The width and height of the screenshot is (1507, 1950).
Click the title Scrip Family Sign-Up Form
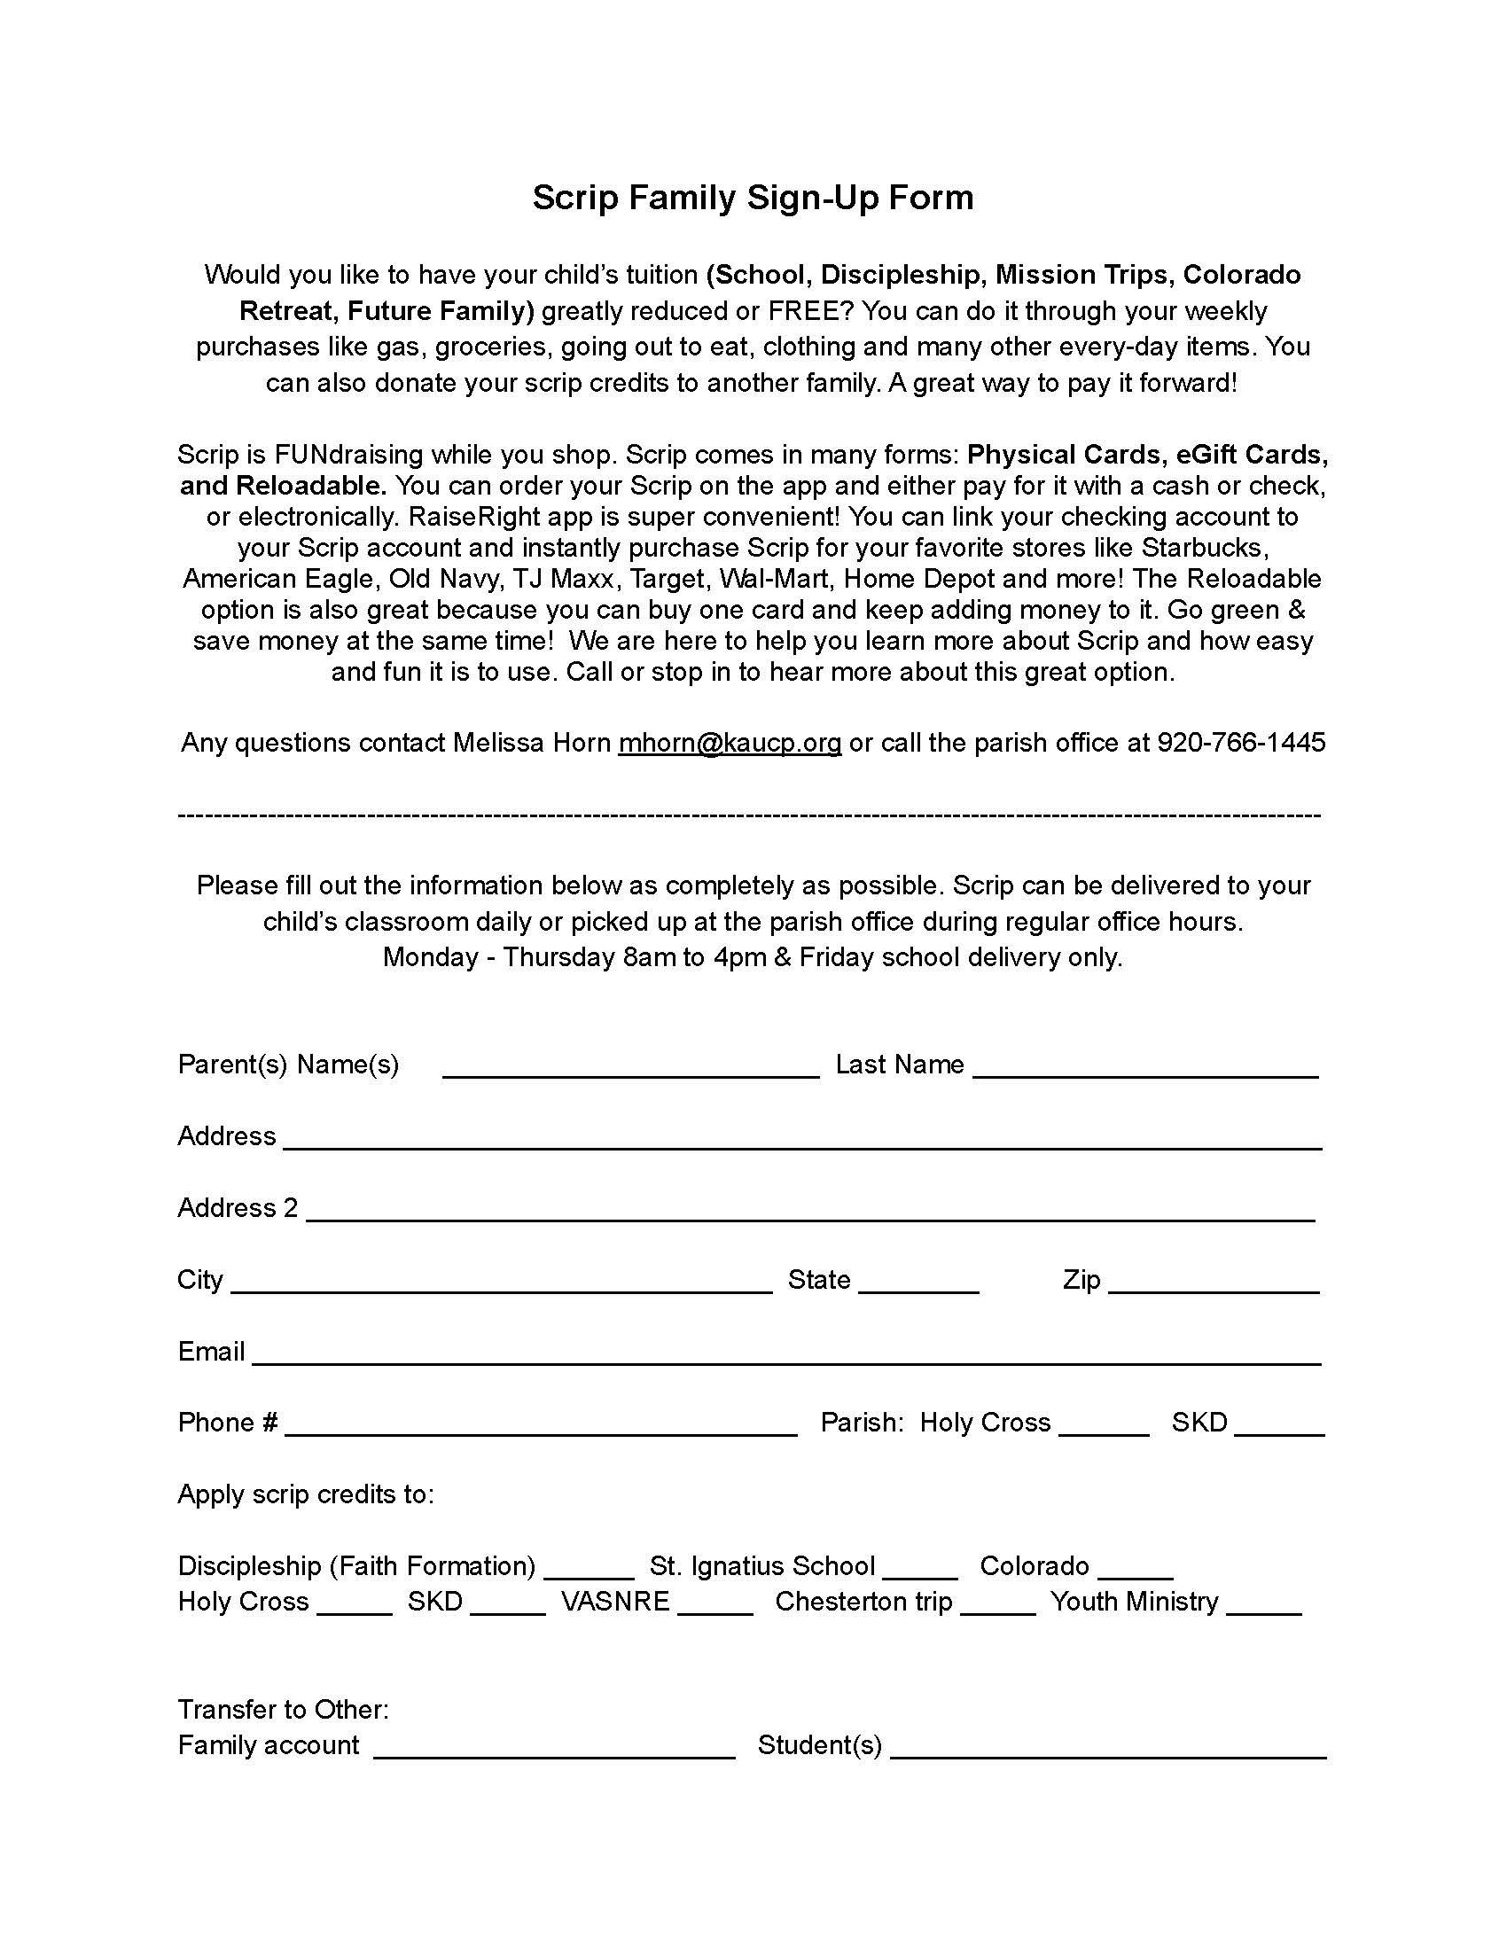click(x=753, y=198)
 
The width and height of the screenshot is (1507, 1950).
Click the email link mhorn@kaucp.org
click(x=730, y=743)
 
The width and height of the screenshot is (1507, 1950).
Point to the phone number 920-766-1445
click(x=1241, y=743)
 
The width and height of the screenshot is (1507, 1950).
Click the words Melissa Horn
click(x=531, y=743)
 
